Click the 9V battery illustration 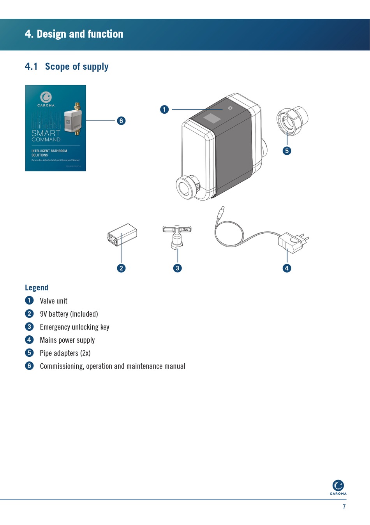click(122, 235)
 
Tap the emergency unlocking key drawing click(177, 236)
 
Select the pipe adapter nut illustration click(292, 121)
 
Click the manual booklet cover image click(55, 128)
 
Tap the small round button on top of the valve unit click(230, 108)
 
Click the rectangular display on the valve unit click(212, 118)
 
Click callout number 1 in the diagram click(164, 109)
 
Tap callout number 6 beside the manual click(121, 121)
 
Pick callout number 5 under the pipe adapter click(287, 151)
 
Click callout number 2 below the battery click(121, 268)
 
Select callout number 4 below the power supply click(287, 268)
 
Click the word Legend click(37, 287)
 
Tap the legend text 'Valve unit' click(53, 301)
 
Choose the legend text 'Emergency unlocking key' click(74, 327)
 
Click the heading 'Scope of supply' click(77, 67)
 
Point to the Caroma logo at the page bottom click(338, 487)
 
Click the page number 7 click(344, 507)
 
